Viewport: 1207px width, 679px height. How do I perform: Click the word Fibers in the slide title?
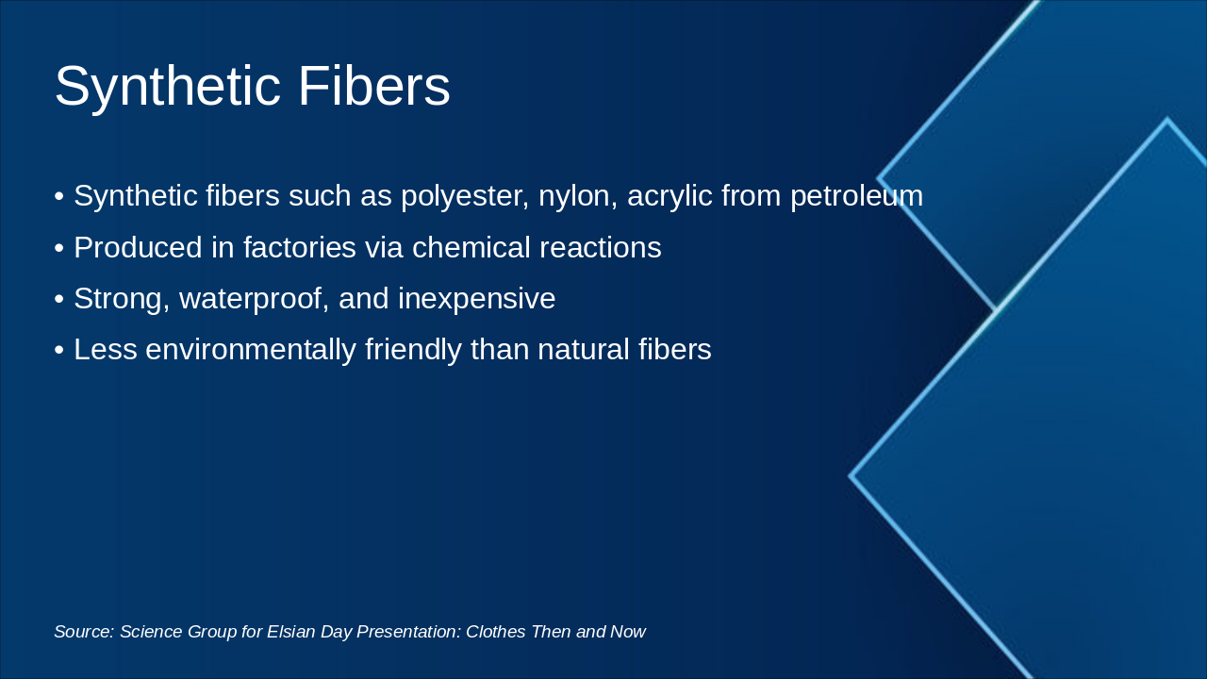point(374,86)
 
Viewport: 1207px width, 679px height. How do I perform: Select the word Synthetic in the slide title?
point(168,89)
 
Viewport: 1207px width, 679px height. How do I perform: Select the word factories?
point(300,248)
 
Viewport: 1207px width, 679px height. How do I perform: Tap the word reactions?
point(601,248)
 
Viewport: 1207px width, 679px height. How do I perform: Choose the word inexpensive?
point(477,300)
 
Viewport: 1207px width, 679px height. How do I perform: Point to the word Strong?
point(123,300)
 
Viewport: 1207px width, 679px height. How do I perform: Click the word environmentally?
point(251,350)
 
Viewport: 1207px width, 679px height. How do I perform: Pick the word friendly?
point(413,350)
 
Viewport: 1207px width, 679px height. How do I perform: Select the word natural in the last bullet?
point(584,350)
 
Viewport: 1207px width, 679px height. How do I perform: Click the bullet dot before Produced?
point(59,248)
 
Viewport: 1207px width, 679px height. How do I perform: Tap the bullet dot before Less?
point(59,350)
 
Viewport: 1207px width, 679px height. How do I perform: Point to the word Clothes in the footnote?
point(496,632)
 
